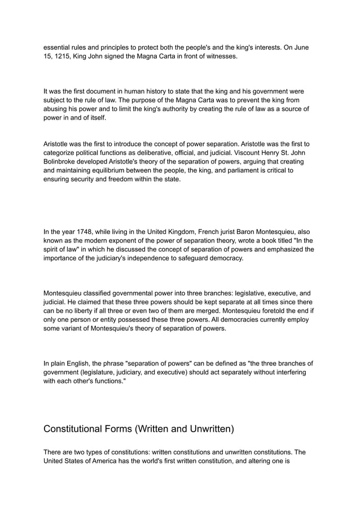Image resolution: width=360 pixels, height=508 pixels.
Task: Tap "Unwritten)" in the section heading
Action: click(x=205, y=429)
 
